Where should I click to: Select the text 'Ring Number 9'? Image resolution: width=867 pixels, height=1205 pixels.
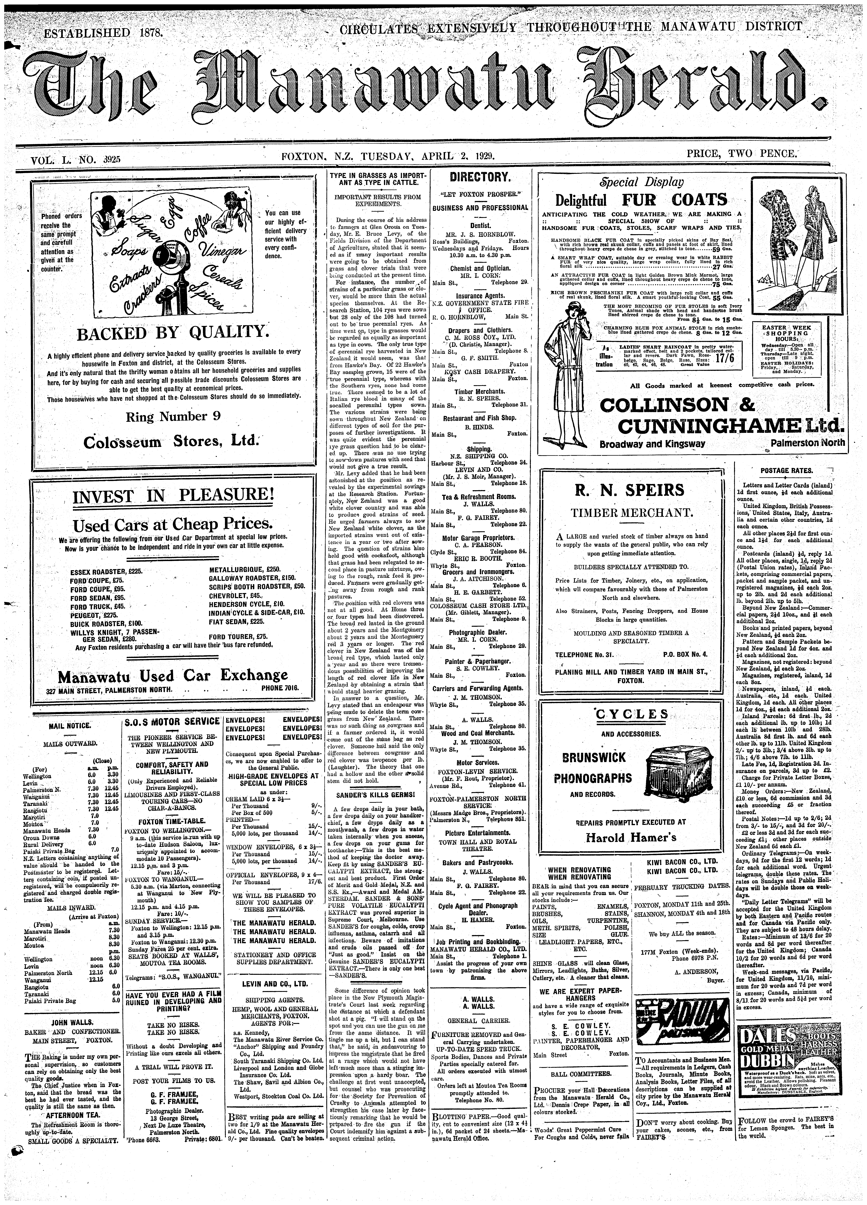[x=173, y=416]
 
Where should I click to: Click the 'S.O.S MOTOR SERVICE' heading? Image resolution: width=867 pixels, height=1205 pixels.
[x=172, y=721]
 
